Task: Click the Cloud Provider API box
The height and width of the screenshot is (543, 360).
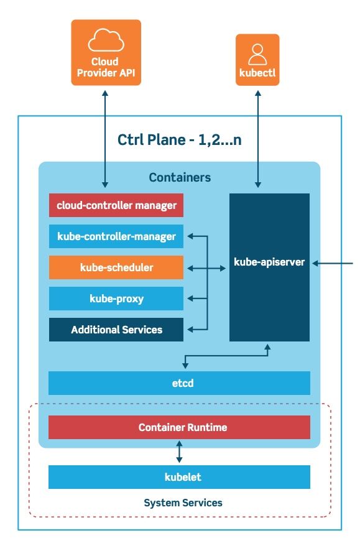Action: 106,52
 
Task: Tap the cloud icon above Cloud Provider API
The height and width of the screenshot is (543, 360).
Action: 106,40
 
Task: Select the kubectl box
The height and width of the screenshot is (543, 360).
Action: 257,60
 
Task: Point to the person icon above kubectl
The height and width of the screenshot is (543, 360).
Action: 257,54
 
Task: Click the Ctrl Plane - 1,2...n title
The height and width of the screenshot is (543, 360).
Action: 179,140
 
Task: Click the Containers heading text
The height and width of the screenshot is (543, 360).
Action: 180,177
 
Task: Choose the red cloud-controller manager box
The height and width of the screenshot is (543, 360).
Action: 116,205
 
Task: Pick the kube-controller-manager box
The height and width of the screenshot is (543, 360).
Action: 116,236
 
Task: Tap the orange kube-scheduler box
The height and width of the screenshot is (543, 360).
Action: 116,267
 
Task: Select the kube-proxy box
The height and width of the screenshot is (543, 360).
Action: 116,299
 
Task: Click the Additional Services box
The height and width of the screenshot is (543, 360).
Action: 116,330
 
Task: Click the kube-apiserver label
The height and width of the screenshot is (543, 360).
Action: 269,262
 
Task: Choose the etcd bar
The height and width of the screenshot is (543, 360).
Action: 179,383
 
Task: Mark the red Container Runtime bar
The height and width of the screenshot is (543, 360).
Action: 179,427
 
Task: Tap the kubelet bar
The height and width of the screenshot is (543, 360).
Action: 179,477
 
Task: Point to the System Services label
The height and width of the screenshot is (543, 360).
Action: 183,503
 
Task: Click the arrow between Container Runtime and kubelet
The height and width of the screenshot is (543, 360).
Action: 179,452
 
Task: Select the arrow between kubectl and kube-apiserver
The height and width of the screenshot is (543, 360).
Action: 258,139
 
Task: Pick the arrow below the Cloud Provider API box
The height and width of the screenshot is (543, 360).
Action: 105,139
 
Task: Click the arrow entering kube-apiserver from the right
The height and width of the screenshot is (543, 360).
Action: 332,263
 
